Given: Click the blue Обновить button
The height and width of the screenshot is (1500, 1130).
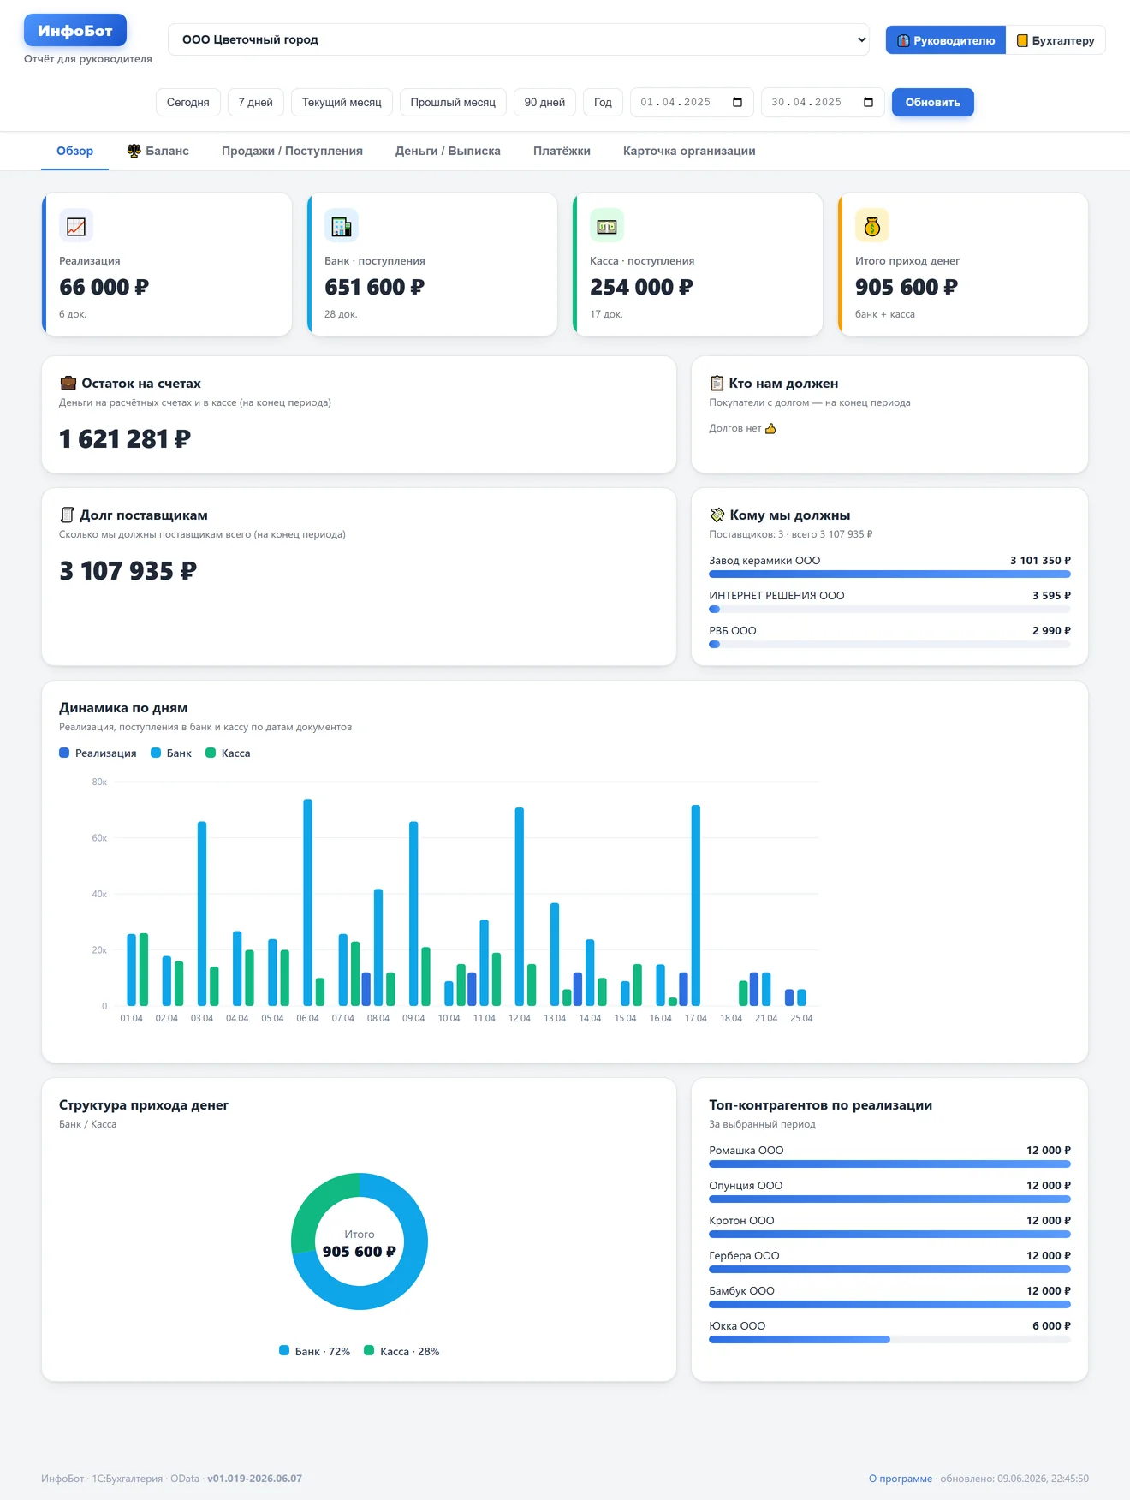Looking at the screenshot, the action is coord(932,102).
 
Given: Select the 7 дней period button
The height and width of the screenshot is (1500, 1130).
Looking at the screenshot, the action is coord(255,102).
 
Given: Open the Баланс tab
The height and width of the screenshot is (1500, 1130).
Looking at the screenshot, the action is coord(158,151).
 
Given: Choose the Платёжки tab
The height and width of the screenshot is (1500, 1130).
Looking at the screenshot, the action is coord(562,151).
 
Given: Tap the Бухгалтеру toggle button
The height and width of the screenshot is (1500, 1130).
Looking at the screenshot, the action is coord(1056,40).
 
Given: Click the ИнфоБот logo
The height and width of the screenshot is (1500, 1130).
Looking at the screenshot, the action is coord(75,31).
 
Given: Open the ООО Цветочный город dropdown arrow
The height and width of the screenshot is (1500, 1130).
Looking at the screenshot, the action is coord(861,39).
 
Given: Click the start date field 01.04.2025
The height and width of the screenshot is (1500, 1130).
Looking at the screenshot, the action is coord(692,102).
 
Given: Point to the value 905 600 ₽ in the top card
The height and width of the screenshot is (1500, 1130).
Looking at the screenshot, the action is coord(907,287).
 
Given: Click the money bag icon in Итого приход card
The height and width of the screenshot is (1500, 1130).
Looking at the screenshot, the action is coord(872,226).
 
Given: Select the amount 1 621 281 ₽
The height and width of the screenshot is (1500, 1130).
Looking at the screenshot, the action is coord(125,439).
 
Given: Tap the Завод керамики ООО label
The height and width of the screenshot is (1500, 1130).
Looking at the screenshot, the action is coord(764,561).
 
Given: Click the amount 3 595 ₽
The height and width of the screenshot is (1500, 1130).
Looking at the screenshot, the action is coord(1051,596).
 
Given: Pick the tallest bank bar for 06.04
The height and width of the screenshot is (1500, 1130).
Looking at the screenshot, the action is coord(308,902).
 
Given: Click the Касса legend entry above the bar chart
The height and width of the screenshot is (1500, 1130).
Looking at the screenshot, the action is coord(228,753).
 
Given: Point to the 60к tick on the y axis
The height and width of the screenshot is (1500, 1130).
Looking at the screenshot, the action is coord(99,838).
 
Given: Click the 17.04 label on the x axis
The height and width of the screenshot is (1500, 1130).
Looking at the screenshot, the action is coord(696,1018).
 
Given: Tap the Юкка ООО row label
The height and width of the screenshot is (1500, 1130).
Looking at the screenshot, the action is coord(737,1326).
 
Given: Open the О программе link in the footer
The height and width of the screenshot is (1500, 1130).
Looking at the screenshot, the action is coord(901,1479).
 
